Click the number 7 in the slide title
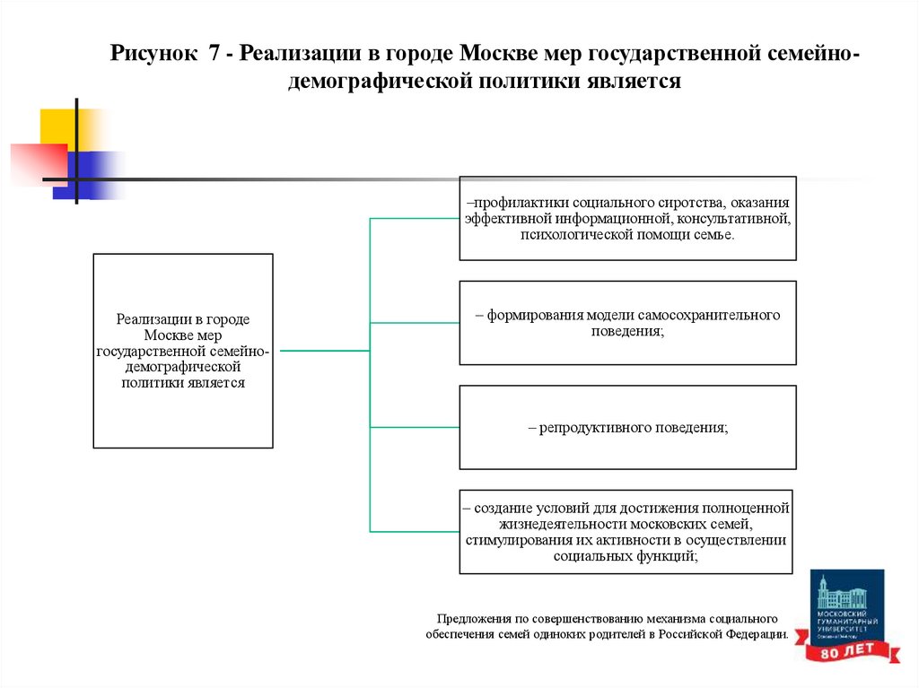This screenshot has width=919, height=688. (x=214, y=52)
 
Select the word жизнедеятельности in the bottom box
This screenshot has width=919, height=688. (x=549, y=524)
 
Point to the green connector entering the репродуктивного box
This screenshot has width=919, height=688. (x=415, y=427)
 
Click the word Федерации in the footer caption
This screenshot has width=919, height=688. (x=756, y=634)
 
